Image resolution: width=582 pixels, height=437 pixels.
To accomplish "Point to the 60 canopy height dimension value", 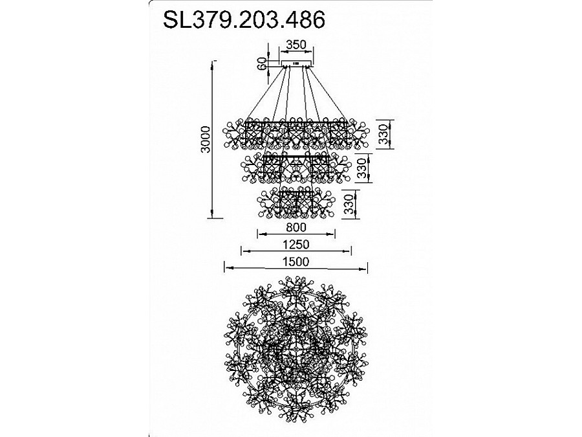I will pyautogui.click(x=262, y=63).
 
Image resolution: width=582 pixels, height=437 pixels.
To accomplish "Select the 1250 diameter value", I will pyautogui.click(x=296, y=244).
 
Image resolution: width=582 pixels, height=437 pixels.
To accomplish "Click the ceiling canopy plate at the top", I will pyautogui.click(x=296, y=63).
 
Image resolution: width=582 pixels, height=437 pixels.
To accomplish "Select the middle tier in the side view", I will pyautogui.click(x=295, y=168).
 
